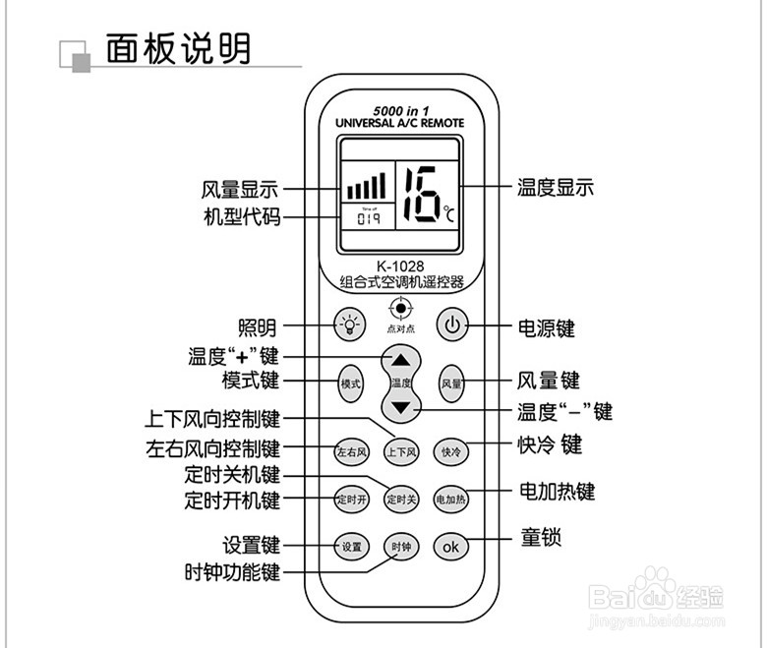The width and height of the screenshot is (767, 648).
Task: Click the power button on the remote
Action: click(x=450, y=324)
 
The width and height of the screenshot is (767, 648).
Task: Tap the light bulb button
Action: click(x=349, y=324)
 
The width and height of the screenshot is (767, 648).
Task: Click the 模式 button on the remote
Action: click(x=350, y=383)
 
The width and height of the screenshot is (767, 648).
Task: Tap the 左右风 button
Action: click(x=351, y=452)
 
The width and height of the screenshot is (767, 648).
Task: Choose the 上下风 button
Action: click(x=400, y=452)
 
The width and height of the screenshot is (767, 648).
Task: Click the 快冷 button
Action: click(x=450, y=452)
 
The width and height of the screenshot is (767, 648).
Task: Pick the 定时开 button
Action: click(x=351, y=499)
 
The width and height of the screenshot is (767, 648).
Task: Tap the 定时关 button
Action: click(x=400, y=499)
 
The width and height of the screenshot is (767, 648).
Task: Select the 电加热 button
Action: click(x=450, y=499)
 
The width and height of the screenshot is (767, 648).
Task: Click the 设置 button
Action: click(x=351, y=546)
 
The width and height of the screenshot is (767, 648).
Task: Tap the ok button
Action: click(x=450, y=547)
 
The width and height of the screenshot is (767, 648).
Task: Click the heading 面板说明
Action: click(x=178, y=48)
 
